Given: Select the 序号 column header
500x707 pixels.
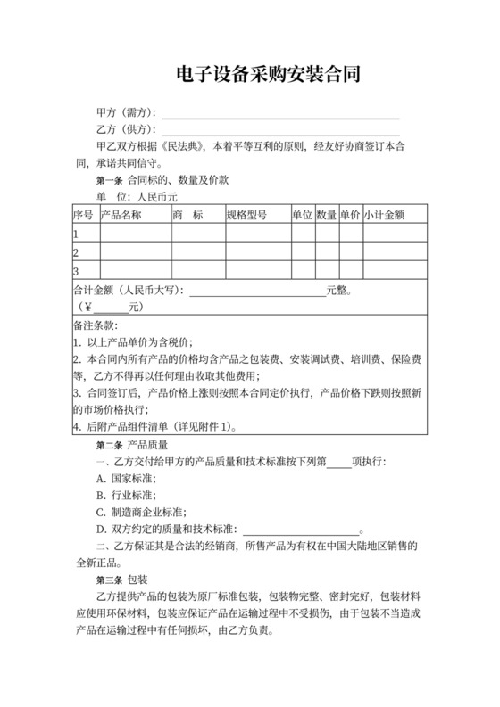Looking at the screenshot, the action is tap(83, 215).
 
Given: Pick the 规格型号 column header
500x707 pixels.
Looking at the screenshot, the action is tap(246, 215).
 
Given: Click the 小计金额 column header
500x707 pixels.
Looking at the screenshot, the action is tap(384, 215).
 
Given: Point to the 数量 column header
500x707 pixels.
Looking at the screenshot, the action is tap(326, 215).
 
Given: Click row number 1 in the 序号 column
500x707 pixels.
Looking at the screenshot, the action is tap(76, 234).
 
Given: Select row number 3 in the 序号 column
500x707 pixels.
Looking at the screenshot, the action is tap(76, 271).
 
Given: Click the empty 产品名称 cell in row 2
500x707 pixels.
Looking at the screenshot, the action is tap(133, 252).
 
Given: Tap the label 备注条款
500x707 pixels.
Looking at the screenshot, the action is tap(95, 325).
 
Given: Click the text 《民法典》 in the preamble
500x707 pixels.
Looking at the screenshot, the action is tap(185, 145).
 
